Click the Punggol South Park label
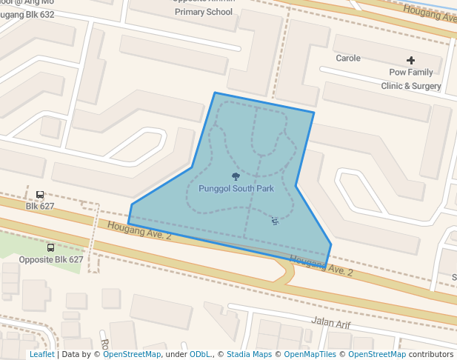236,189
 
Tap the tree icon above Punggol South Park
236,176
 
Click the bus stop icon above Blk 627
40,195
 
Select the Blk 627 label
40,206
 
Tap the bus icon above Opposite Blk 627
50,248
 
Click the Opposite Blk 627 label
51,259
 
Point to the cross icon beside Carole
411,59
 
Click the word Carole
348,59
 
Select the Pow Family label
411,73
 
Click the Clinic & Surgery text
411,86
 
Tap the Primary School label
204,12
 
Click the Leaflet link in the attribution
41,354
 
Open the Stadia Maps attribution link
249,354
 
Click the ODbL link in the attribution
200,354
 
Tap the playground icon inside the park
275,221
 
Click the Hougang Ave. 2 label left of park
139,230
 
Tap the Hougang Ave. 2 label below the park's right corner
321,265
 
